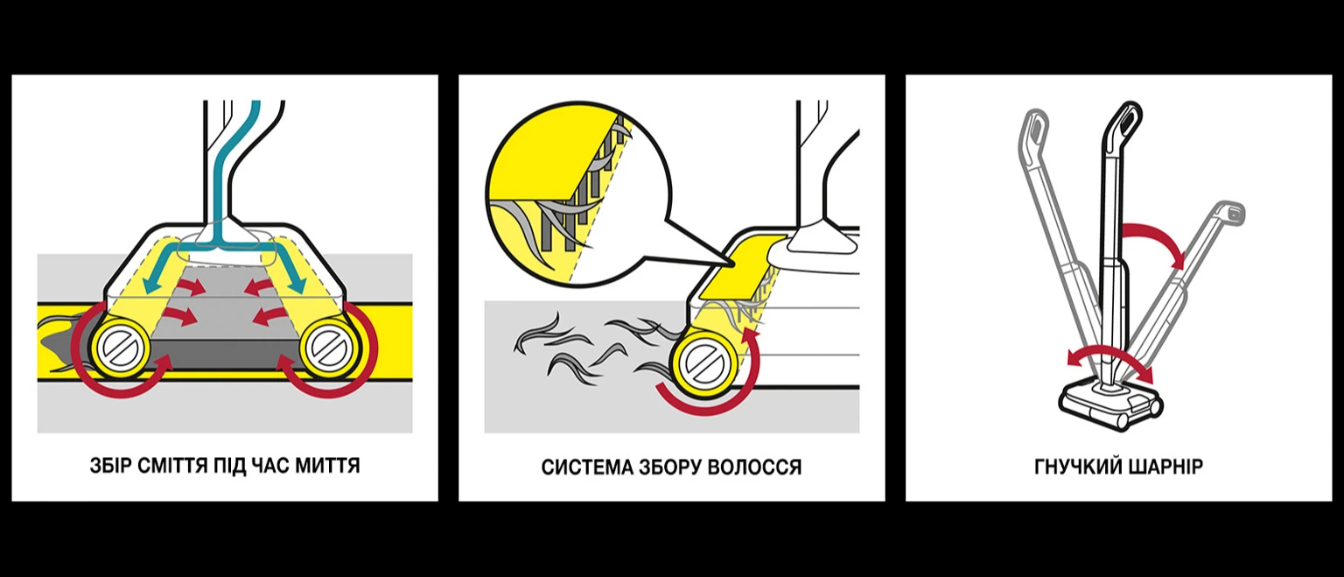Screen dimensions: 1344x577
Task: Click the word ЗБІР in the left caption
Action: [x=110, y=465]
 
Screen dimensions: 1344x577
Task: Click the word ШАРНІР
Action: [x=1159, y=467]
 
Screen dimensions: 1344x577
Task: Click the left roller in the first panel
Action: [x=122, y=348]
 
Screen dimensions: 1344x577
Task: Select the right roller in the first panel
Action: [x=328, y=348]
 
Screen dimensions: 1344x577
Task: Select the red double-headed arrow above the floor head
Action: [x=1110, y=355]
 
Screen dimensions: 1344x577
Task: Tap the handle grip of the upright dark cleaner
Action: [x=1123, y=123]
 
